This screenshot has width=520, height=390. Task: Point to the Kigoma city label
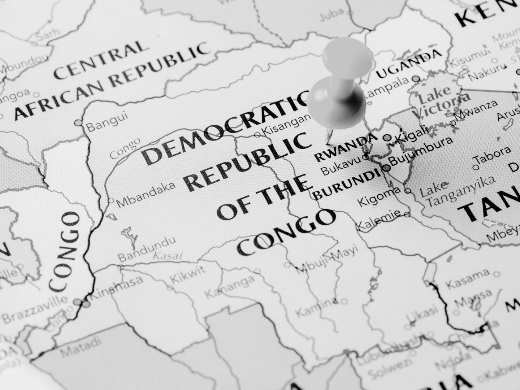point(379,195)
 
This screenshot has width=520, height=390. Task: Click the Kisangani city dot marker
point(257,135)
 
